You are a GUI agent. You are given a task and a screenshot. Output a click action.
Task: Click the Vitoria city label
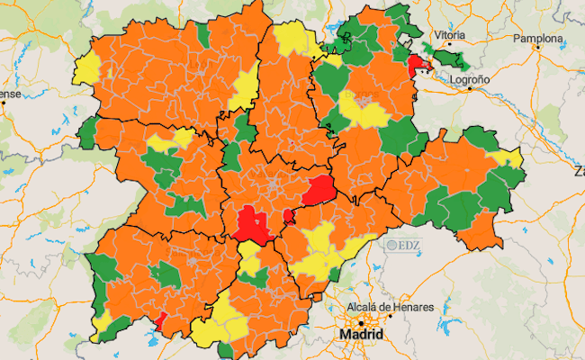click(x=449, y=35)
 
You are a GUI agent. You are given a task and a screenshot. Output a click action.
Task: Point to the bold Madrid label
click(x=361, y=335)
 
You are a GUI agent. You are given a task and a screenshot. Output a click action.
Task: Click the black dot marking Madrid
click(x=362, y=321)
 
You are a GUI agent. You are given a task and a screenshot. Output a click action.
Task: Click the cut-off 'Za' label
click(x=578, y=168)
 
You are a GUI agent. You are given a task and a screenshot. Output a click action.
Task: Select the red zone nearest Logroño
click(x=418, y=66)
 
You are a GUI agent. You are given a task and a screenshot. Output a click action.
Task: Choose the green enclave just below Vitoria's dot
click(x=455, y=61)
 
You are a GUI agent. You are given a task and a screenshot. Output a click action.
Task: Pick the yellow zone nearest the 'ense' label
click(x=86, y=67)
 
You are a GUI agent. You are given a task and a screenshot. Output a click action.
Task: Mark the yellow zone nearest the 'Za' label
click(x=509, y=159)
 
